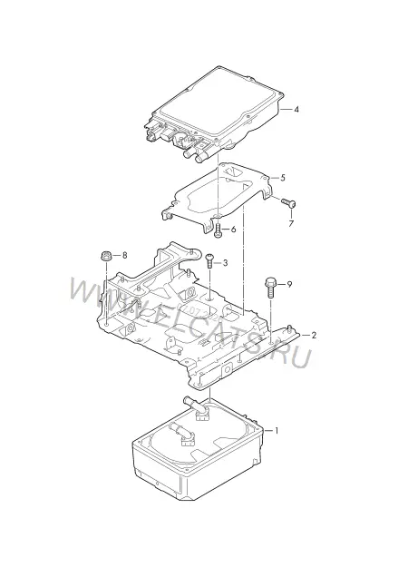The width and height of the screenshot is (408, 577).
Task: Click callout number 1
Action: coord(277,430)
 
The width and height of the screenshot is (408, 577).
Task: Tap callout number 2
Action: coord(314,335)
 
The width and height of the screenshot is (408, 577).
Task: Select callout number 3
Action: coord(225,263)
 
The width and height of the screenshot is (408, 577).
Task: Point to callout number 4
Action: coord(296,109)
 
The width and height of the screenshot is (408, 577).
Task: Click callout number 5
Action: coord(283,178)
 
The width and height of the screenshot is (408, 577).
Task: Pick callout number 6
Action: coord(233,230)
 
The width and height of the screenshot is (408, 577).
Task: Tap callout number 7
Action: coord(291,223)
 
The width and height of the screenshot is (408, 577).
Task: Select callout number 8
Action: coord(124,255)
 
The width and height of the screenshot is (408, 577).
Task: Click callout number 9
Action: coord(289,284)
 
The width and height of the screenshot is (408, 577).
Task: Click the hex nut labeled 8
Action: coord(105,255)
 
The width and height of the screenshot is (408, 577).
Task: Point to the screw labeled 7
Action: coord(289,202)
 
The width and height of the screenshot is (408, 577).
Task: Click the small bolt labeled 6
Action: coord(218,230)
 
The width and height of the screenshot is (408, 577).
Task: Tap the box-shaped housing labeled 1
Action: coord(198,450)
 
